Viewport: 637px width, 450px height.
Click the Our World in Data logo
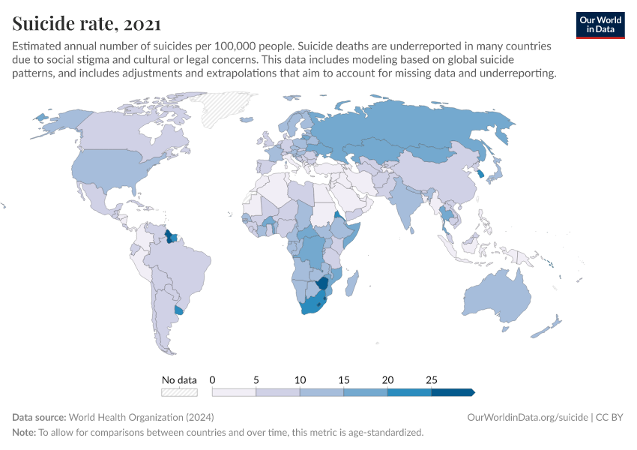(x=600, y=25)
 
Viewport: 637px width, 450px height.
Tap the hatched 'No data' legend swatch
(x=179, y=391)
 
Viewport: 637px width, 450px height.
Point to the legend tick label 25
(x=431, y=380)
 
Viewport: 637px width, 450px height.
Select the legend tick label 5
(x=256, y=380)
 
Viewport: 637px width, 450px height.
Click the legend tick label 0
(x=213, y=380)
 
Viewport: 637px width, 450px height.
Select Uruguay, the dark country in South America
(x=178, y=310)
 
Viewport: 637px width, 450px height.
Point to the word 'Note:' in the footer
(x=24, y=433)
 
